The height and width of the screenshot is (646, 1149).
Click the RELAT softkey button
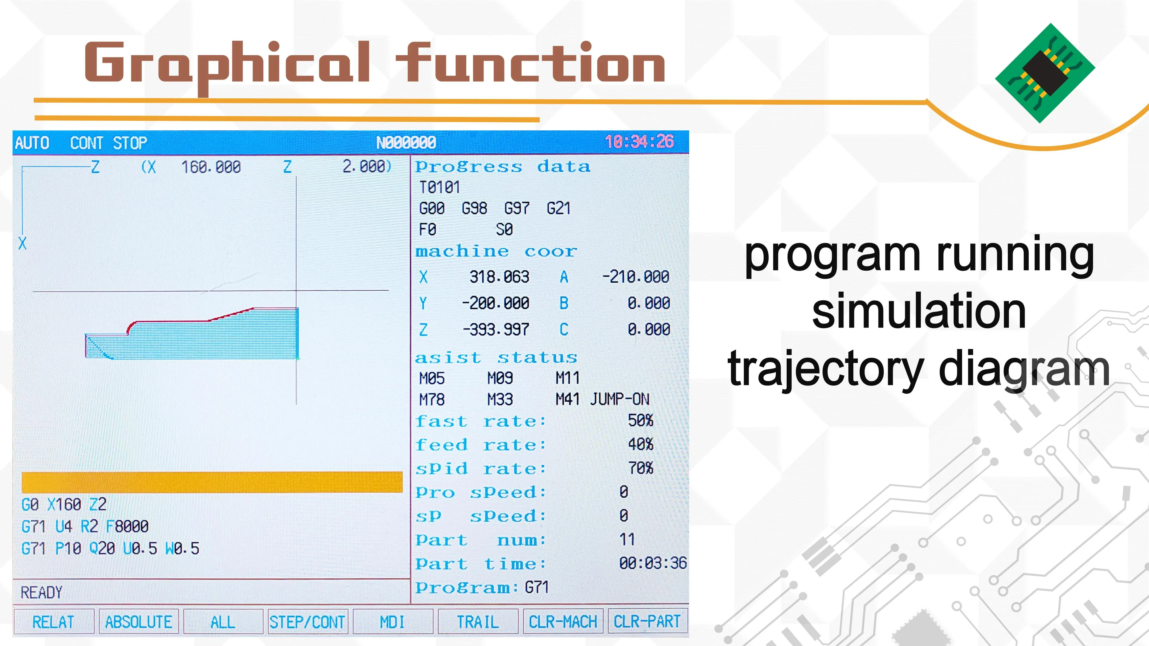click(54, 621)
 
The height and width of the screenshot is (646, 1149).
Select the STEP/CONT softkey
click(307, 621)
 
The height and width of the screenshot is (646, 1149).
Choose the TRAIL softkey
click(478, 621)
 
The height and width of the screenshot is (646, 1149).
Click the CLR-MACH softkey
click(563, 621)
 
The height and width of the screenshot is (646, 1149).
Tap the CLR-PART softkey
click(648, 621)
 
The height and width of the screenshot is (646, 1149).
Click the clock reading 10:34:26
click(639, 142)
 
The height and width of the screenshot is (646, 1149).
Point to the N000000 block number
click(406, 143)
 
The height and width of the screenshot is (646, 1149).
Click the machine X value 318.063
click(499, 277)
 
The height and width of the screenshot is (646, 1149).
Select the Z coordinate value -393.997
click(496, 330)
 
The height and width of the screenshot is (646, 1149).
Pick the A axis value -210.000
click(636, 277)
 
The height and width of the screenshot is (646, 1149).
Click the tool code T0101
click(439, 187)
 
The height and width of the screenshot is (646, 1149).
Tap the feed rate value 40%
click(641, 444)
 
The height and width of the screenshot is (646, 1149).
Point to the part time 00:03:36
click(653, 563)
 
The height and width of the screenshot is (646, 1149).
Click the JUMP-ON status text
click(620, 399)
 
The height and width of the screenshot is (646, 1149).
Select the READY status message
click(42, 592)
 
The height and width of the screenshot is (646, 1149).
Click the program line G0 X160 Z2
click(64, 505)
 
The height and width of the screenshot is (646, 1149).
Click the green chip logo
click(1045, 73)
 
